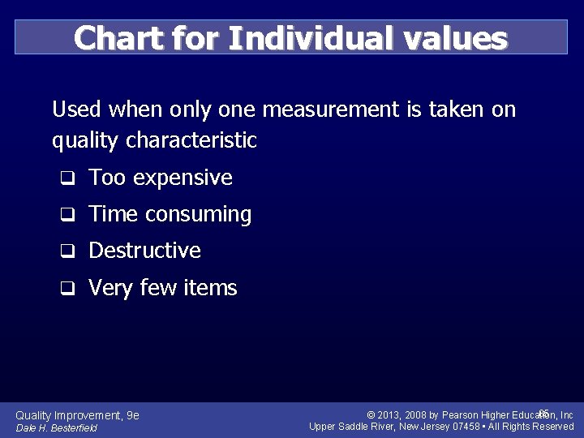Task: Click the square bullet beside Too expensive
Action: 70,178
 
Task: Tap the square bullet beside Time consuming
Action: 70,215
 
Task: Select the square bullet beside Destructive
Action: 70,251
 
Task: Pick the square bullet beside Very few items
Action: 70,288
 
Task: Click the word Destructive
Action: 144,251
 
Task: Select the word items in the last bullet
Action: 211,288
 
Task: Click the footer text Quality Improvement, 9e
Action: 77,415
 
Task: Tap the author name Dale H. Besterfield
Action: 56,428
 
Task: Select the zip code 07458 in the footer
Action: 466,427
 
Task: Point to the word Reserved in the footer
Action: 552,427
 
